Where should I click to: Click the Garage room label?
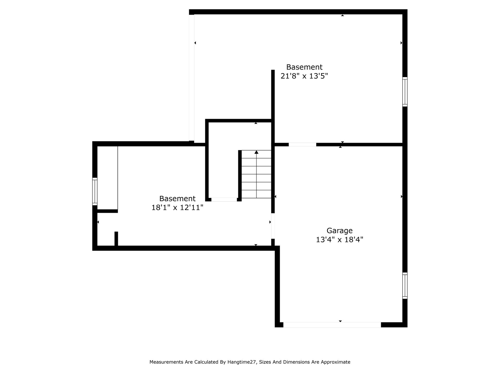tap(340, 231)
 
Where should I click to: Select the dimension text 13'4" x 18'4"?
tap(340, 240)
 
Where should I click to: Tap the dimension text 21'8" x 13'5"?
tap(304, 76)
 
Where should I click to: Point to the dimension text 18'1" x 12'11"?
tap(177, 208)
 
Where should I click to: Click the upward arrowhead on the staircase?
tap(257, 152)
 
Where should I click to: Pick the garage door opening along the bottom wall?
tap(332, 325)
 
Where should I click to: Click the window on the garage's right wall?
tap(405, 286)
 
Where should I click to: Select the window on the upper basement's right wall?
tap(405, 92)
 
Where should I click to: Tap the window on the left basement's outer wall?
tap(95, 191)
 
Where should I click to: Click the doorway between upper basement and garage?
tap(302, 145)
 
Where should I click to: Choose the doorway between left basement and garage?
tap(273, 226)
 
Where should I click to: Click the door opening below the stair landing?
tap(224, 200)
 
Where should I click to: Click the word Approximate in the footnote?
tap(335, 362)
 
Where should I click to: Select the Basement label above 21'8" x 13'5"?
tap(304, 67)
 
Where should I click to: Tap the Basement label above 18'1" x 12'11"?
tap(177, 199)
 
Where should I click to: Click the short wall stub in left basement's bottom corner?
tap(116, 239)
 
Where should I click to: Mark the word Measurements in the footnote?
tap(166, 362)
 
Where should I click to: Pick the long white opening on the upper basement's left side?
tap(191, 78)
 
